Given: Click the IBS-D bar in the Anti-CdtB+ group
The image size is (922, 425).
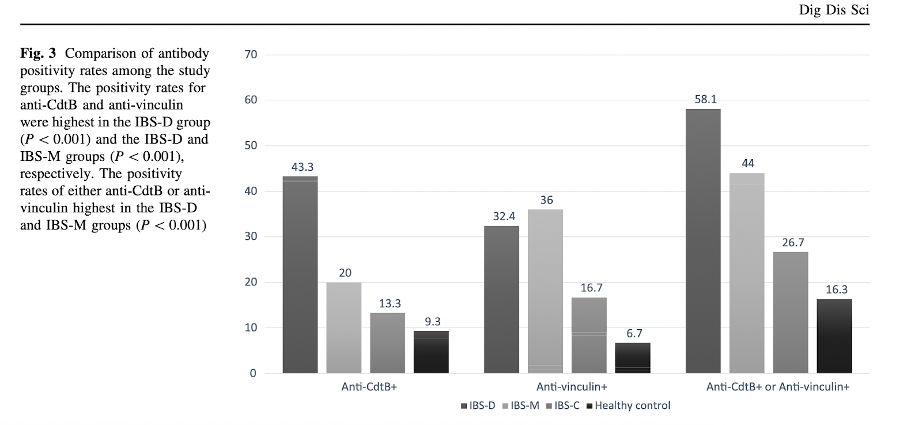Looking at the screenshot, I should click(x=300, y=274).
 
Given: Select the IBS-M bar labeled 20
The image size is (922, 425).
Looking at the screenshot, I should click(x=343, y=328).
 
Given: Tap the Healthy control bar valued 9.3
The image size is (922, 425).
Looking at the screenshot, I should click(x=431, y=352).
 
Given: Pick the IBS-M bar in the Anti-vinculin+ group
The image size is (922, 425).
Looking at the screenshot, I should click(x=545, y=291).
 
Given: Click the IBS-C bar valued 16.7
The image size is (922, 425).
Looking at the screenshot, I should click(x=589, y=335).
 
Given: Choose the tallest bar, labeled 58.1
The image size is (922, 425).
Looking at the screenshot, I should click(x=703, y=241).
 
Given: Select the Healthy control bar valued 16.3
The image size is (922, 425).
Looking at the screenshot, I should click(x=834, y=336).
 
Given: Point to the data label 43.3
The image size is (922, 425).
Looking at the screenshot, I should click(x=302, y=167).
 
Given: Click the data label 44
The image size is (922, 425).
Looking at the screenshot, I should click(x=747, y=163).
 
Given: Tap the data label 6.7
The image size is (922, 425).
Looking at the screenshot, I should click(x=634, y=333).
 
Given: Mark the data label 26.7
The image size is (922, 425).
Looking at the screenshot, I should click(x=792, y=243).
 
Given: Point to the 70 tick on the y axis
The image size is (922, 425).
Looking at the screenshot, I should click(x=251, y=55).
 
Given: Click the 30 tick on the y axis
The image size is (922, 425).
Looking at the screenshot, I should click(x=251, y=236).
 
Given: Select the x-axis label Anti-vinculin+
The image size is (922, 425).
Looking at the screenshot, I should click(x=571, y=387).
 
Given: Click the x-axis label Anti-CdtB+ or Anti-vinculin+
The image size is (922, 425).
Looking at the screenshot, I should click(x=777, y=387).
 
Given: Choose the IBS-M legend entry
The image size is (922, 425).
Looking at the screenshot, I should click(x=521, y=406).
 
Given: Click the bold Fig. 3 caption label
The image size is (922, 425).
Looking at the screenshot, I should click(x=38, y=54).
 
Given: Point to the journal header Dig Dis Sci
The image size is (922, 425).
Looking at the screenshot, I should click(x=833, y=10).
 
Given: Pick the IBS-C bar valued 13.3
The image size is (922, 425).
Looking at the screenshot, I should click(x=387, y=343).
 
